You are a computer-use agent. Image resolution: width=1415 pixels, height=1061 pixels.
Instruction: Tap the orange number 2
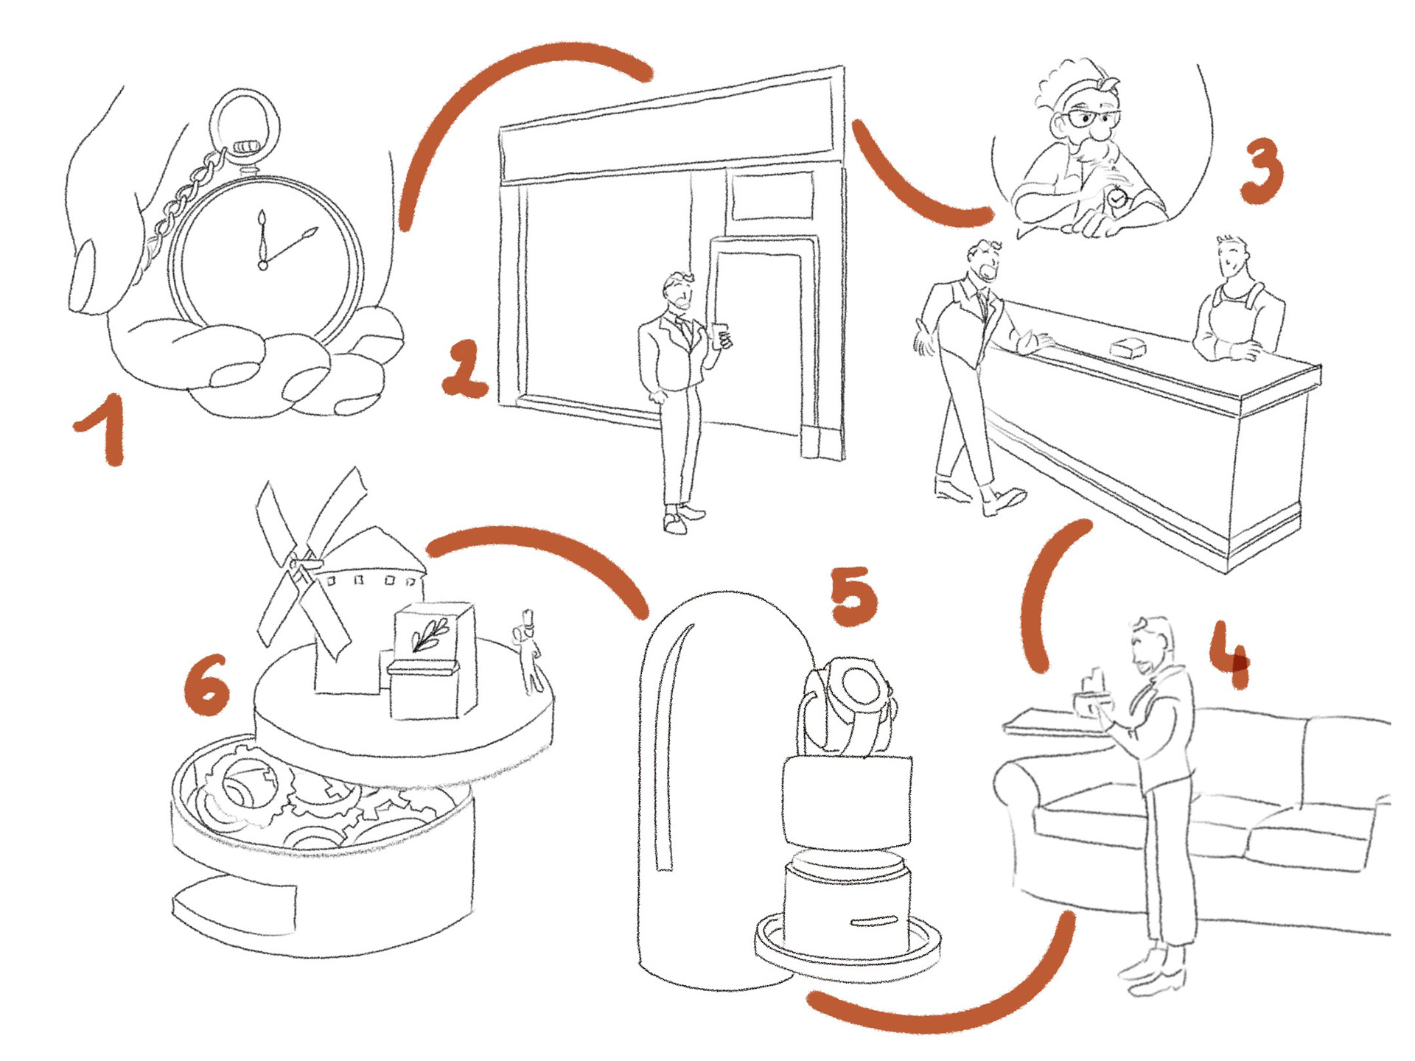pyautogui.click(x=464, y=368)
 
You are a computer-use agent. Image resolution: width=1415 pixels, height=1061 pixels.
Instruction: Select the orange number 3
pyautogui.click(x=1262, y=171)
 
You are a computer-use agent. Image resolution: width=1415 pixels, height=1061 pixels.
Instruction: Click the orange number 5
pyautogui.click(x=854, y=596)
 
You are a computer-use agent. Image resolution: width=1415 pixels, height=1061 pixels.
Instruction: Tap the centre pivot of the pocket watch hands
pyautogui.click(x=262, y=265)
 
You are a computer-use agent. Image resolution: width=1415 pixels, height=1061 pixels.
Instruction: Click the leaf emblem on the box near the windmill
pyautogui.click(x=430, y=634)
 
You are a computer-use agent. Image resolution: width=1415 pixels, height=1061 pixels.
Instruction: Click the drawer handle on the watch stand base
pyautogui.click(x=874, y=920)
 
